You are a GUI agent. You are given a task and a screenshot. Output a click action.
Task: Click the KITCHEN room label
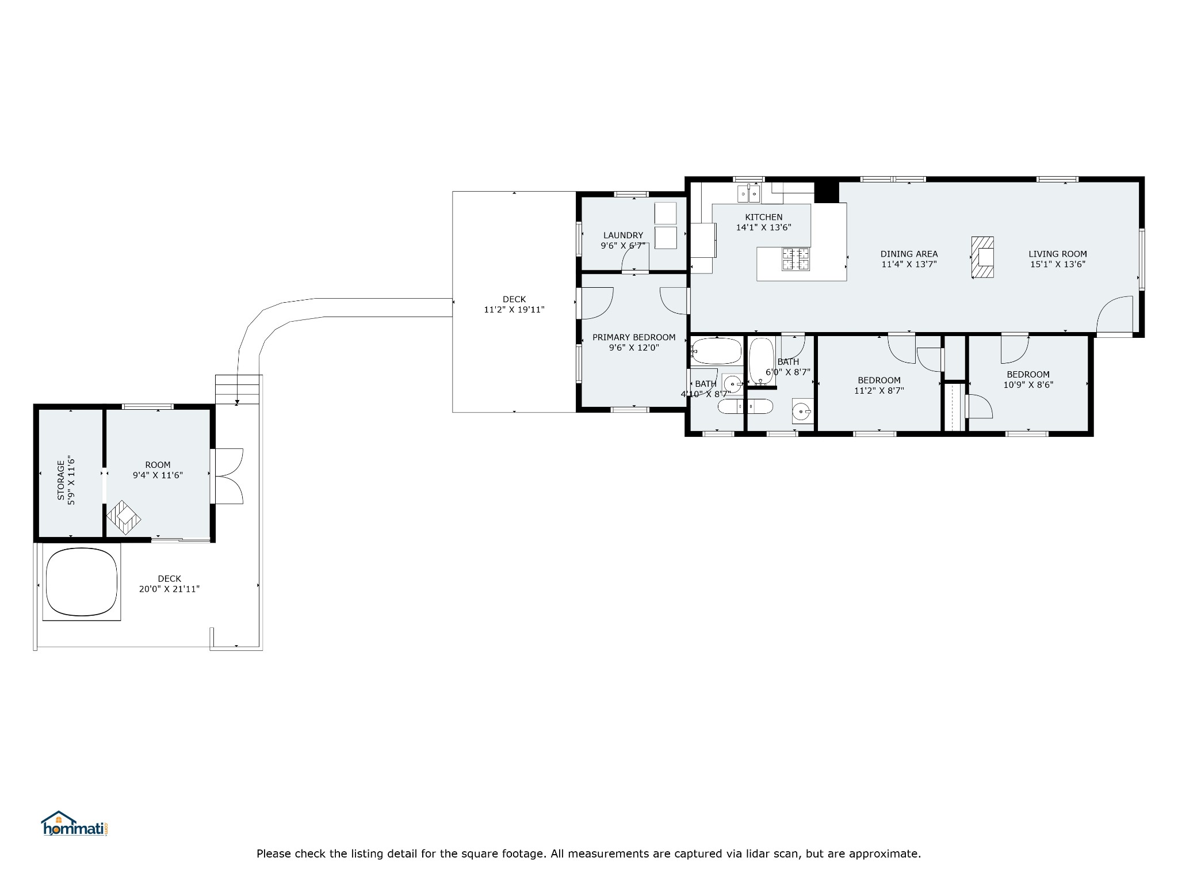[x=763, y=217]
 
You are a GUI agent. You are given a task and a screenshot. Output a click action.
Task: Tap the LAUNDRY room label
[x=623, y=235]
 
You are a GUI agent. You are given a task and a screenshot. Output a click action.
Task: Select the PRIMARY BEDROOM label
[x=634, y=337]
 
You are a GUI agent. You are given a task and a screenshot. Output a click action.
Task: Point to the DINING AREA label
[x=909, y=254]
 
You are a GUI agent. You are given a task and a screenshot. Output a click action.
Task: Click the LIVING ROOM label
[x=1058, y=254]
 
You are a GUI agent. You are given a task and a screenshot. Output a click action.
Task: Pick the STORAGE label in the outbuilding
[x=61, y=479]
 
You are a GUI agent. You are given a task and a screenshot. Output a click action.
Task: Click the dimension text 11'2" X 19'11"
[x=514, y=310]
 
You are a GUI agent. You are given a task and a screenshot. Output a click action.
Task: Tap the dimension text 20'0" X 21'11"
[x=169, y=589]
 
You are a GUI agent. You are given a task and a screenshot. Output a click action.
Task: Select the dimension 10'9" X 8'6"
[x=1028, y=384]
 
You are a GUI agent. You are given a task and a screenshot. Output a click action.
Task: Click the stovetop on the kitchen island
[x=795, y=258]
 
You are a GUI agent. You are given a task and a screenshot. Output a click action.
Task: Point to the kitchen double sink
[x=749, y=193]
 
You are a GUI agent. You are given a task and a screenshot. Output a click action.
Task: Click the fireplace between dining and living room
[x=982, y=257]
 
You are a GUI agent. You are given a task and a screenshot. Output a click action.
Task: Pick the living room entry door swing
[x=1115, y=314]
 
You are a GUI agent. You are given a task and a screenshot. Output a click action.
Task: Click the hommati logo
[x=74, y=824]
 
